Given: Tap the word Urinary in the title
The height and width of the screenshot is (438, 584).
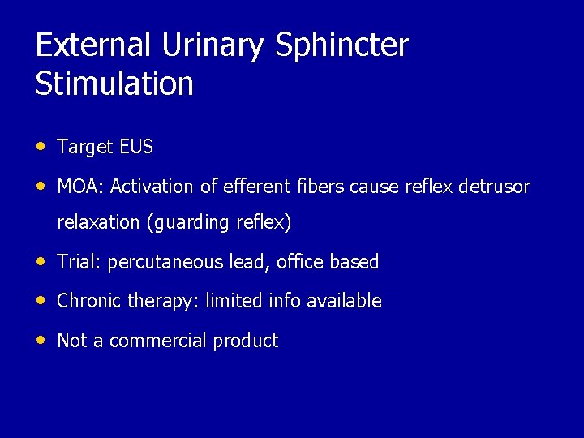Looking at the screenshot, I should point(213,45).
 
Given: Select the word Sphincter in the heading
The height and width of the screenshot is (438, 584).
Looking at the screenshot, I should point(341,45).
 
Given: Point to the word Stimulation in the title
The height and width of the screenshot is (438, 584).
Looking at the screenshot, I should point(114,84).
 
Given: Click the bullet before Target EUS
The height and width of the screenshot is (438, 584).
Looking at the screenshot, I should point(41,146).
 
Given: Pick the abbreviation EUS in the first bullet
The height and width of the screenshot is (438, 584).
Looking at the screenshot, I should point(136,147).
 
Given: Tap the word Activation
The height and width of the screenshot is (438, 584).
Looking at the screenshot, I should point(152,187).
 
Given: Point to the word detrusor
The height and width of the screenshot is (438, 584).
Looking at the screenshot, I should point(494,187).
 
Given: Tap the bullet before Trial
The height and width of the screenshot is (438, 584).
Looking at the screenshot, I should point(41,261).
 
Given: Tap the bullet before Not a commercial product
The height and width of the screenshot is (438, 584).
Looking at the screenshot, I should point(41,340).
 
